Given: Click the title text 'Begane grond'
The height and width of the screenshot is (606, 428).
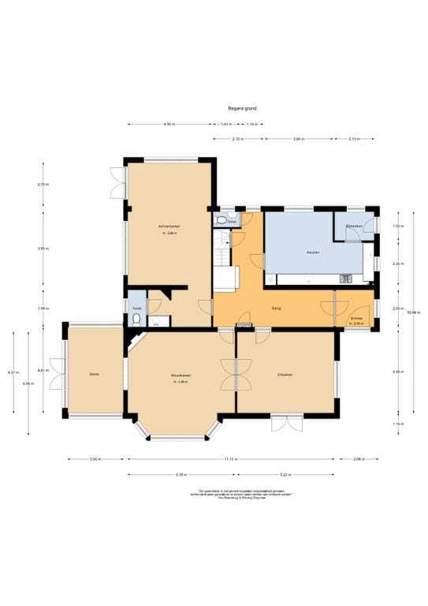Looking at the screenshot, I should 242,108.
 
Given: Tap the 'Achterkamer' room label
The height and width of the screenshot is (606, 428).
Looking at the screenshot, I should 169,226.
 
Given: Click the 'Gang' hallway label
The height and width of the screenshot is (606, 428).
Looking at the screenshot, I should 277,308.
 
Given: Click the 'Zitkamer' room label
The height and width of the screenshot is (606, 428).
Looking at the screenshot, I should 285,374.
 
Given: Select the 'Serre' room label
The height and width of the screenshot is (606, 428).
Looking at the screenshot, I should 94,374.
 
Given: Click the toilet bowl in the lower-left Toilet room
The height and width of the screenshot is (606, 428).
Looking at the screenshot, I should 136,320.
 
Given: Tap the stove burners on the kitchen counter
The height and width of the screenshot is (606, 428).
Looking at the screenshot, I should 344,277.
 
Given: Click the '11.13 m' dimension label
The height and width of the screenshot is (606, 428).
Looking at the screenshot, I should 230,458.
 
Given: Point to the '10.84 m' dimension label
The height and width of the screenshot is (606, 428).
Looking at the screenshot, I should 410,312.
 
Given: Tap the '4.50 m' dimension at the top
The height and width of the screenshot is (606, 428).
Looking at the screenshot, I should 169,124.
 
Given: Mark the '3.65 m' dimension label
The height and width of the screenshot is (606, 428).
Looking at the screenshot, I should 298,139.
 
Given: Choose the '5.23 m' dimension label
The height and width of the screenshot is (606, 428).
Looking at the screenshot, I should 285,474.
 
